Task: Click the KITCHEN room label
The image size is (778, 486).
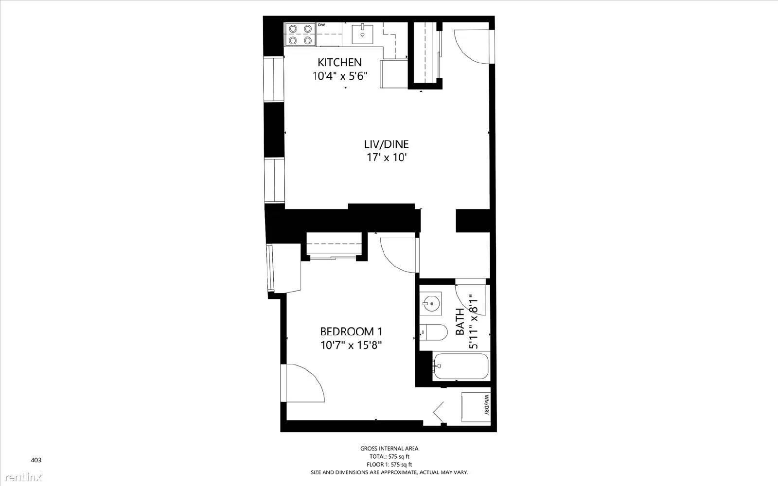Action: point(340,63)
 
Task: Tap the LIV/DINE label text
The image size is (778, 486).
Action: point(386,144)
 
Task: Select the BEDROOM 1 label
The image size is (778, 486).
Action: point(351,331)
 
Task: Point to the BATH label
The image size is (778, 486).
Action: point(460,322)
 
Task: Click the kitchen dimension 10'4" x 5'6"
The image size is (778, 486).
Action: point(340,76)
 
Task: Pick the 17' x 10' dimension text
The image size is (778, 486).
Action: point(387,157)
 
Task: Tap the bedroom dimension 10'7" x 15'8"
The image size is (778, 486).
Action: point(351,346)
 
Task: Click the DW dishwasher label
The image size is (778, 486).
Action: point(321,25)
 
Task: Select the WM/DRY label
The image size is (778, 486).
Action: point(486,405)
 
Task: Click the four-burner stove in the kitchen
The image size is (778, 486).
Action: point(300,35)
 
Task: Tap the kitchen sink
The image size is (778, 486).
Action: point(362,34)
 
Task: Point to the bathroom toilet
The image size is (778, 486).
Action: point(433,332)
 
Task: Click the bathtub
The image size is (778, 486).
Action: point(460,366)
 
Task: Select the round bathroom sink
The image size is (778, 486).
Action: point(430,304)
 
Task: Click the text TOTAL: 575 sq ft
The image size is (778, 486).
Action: point(389,457)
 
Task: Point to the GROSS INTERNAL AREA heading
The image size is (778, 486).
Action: point(389,449)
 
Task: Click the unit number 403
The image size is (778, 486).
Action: point(36,460)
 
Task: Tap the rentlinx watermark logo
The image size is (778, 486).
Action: point(24,477)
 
